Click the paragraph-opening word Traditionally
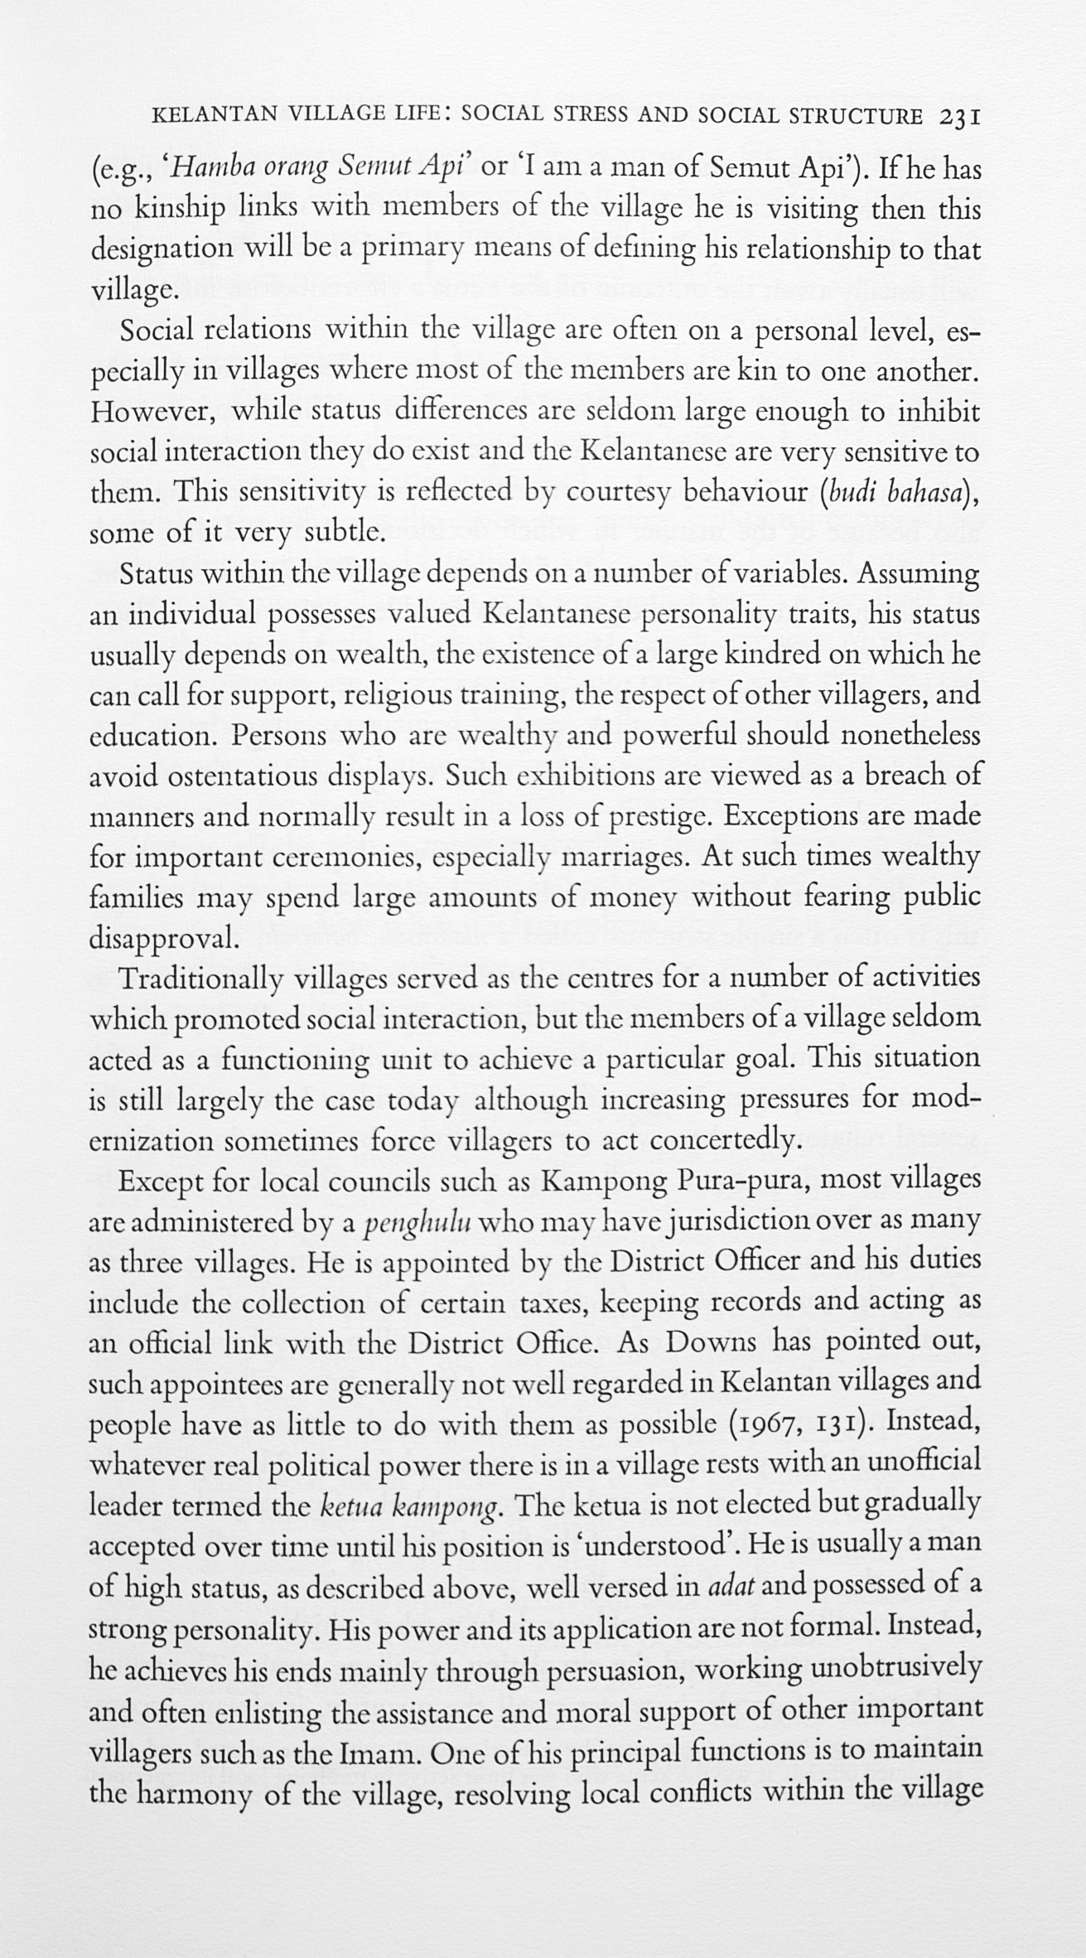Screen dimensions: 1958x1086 pos(201,979)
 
